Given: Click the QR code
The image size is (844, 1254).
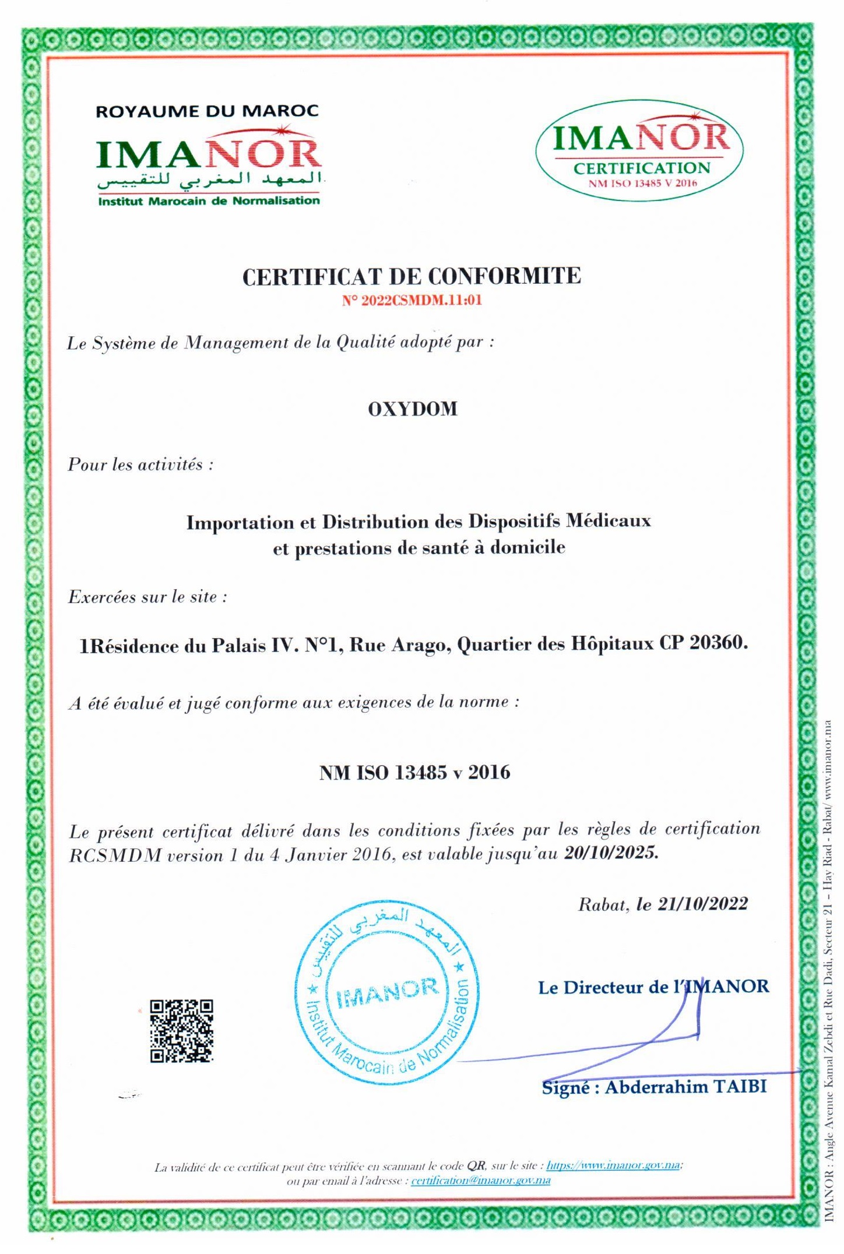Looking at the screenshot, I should (181, 1031).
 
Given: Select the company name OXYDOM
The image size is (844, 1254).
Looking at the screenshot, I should (413, 409).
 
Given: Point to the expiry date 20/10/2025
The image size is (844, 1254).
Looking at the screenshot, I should (611, 853).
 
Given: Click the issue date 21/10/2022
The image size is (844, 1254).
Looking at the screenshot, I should (702, 904).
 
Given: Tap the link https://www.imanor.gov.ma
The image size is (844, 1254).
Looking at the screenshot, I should (613, 1165).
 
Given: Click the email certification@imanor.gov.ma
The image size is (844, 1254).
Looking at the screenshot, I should (480, 1181).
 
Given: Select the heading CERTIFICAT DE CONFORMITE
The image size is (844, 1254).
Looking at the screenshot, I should (412, 276).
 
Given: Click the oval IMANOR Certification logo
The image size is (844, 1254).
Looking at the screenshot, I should (640, 151).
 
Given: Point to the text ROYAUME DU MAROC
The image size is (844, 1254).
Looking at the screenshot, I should (207, 111).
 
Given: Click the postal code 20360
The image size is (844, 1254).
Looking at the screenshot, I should (718, 643).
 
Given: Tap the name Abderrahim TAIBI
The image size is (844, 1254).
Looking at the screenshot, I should (685, 1087).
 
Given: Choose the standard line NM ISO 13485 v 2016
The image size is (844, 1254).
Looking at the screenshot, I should (414, 773).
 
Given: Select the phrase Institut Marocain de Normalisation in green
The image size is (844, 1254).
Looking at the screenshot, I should (209, 201).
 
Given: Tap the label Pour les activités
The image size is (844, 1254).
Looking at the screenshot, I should (140, 464).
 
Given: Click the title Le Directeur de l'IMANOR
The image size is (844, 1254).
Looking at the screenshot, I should (653, 987).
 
